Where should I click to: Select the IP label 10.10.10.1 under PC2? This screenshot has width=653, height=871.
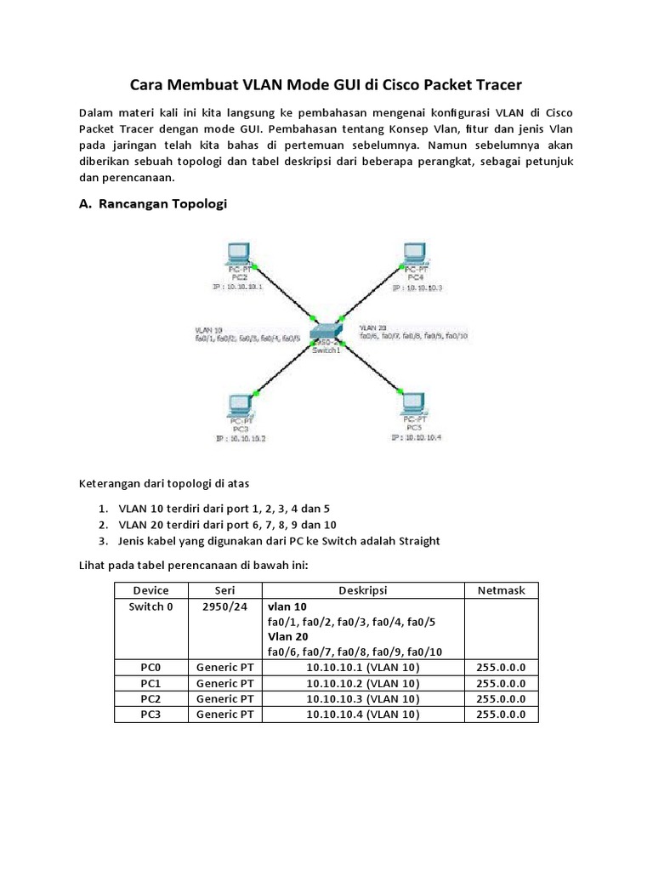[238, 287]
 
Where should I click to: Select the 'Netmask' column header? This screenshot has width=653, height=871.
[501, 590]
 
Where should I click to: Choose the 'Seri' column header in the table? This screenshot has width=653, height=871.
[224, 590]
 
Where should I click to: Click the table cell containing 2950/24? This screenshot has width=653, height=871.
[224, 607]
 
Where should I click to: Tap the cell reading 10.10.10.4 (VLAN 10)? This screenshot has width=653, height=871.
[363, 714]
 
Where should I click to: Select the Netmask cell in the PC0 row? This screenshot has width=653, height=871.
[501, 668]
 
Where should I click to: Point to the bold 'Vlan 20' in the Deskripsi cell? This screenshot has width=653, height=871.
[288, 637]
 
